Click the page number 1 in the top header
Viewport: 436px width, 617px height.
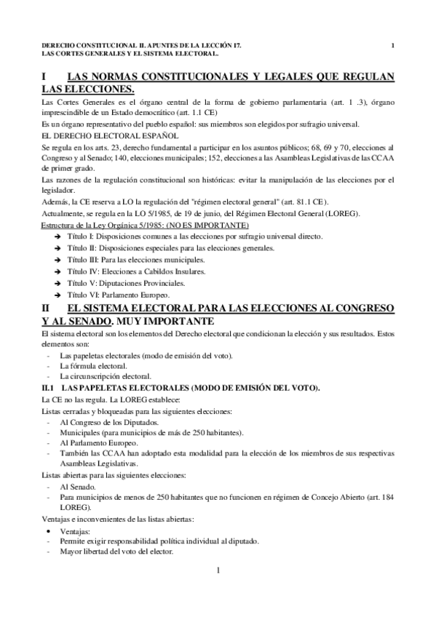click(392, 46)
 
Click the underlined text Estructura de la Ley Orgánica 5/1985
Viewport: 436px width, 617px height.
click(101, 226)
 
